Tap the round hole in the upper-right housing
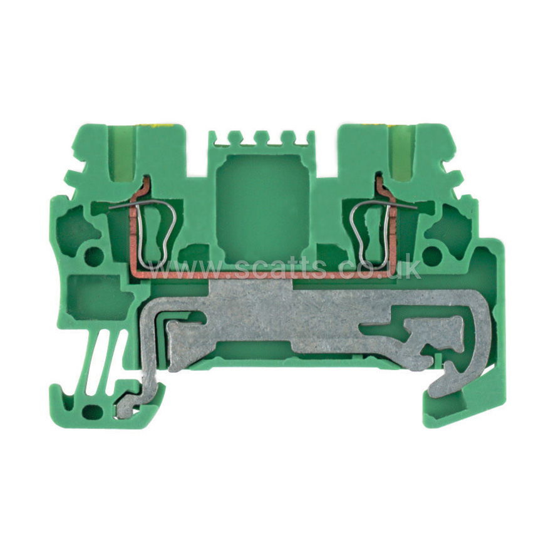[x=431, y=255]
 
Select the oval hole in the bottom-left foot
[x=93, y=411]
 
